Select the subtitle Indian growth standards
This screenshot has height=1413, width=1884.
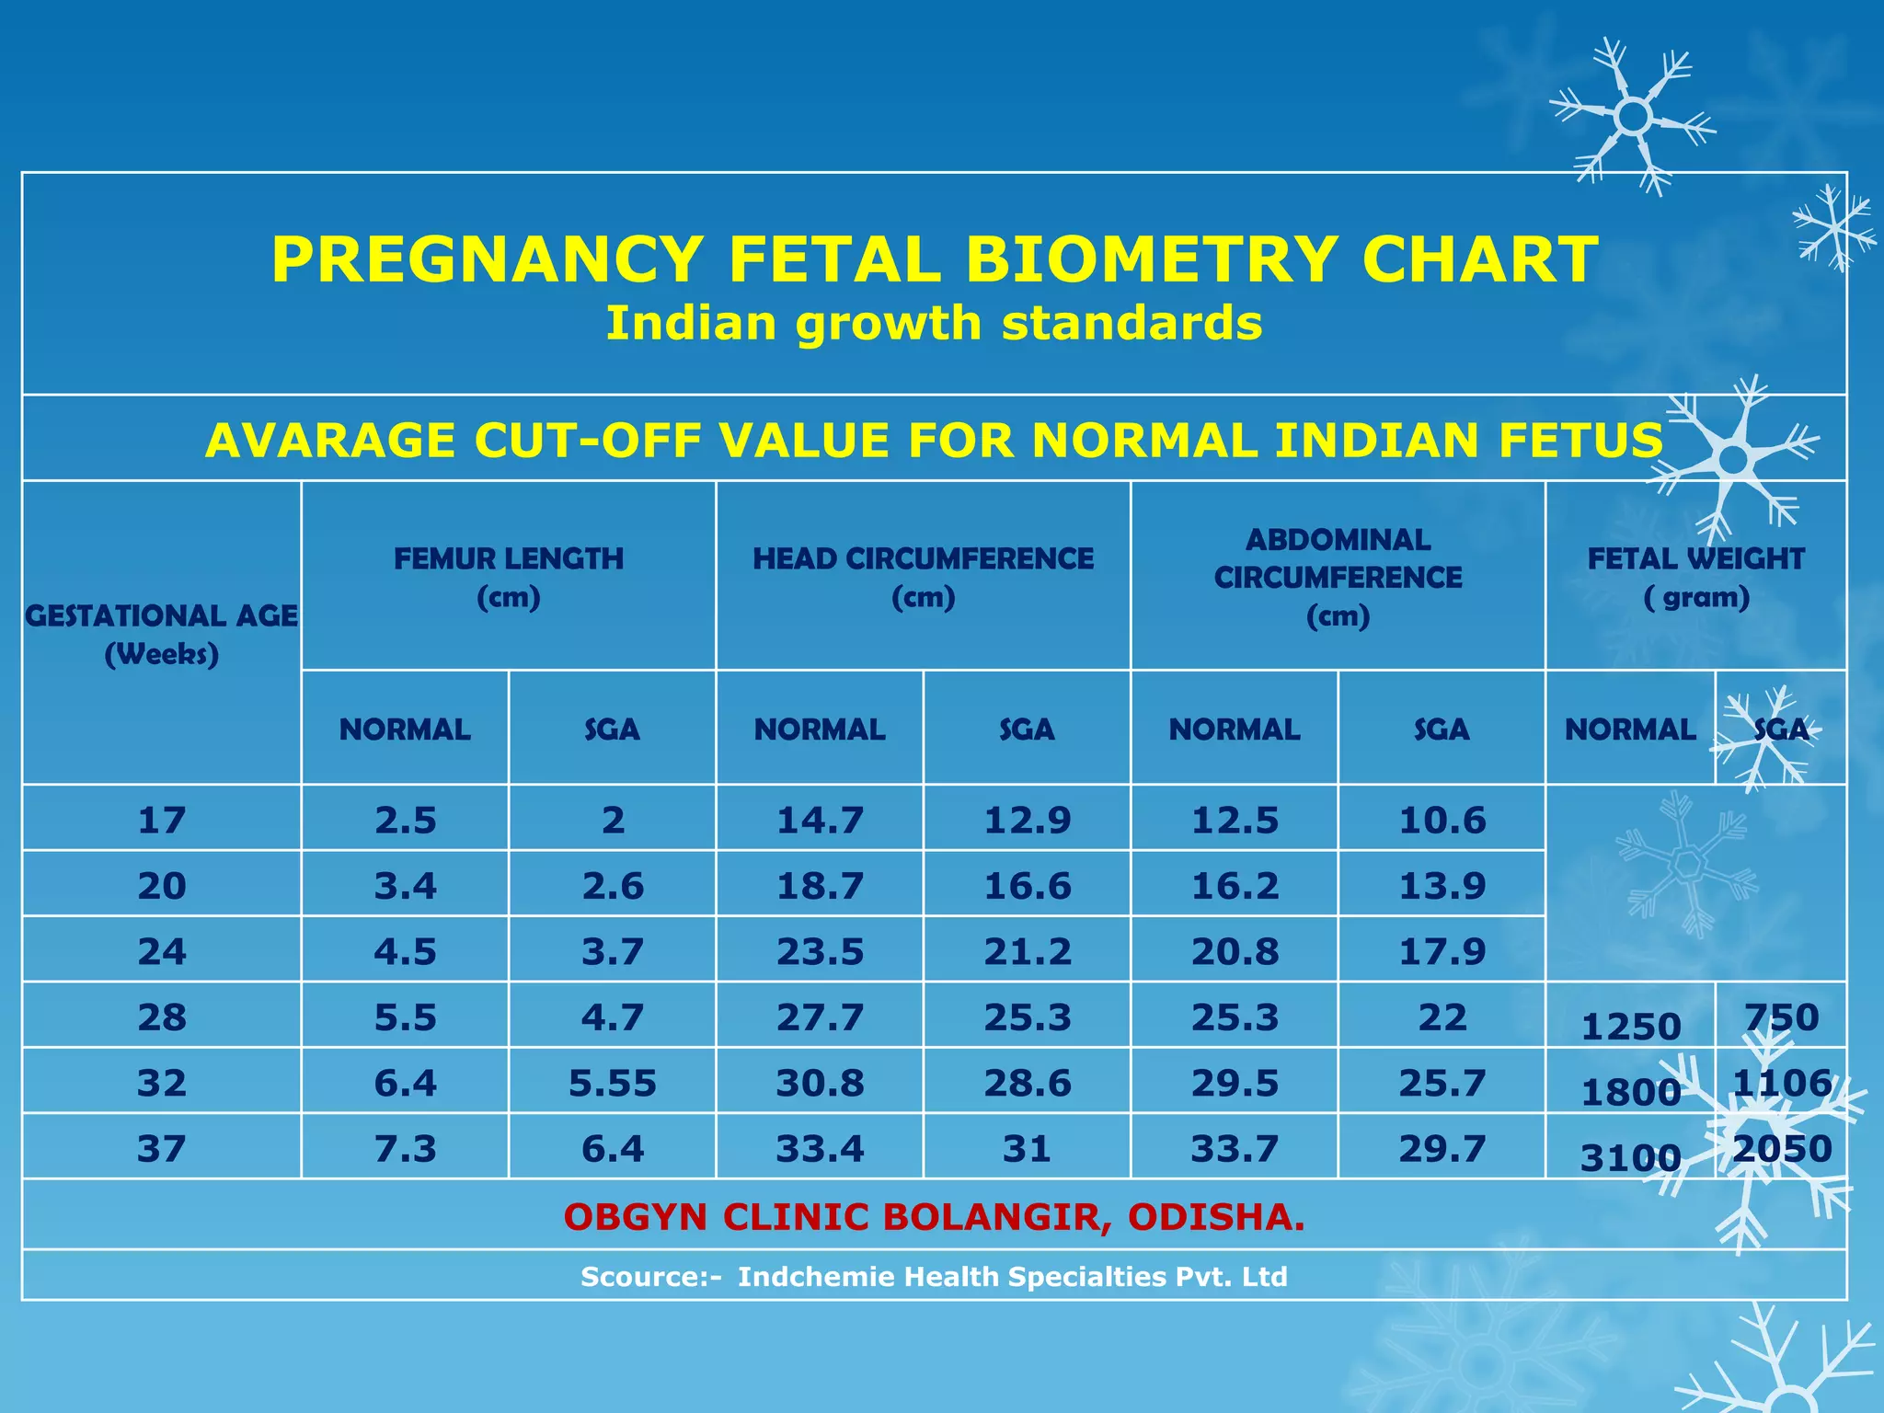(934, 324)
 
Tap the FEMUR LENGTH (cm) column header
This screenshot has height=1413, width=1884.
(509, 577)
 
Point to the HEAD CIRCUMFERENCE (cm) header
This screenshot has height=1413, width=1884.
(923, 577)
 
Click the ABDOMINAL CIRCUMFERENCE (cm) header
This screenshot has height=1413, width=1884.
(1338, 577)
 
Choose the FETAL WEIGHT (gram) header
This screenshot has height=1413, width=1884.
(1695, 577)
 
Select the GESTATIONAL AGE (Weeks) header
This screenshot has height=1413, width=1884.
(162, 634)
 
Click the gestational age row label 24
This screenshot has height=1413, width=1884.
(162, 951)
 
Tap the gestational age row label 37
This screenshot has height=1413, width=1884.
(162, 1149)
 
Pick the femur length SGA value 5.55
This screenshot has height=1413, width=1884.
(613, 1084)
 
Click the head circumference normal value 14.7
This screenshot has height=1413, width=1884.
(820, 820)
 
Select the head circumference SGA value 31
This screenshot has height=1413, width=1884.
(1027, 1149)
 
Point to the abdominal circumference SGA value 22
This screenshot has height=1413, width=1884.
(1442, 1017)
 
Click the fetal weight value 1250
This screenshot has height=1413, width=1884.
(1630, 1027)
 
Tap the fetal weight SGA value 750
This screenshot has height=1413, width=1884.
(1782, 1017)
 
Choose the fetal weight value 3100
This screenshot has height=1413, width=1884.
(1630, 1158)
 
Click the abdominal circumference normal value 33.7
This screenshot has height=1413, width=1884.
(1235, 1149)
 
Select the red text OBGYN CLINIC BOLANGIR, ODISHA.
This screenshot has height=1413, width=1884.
(934, 1217)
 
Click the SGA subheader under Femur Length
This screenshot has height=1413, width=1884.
(612, 729)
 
